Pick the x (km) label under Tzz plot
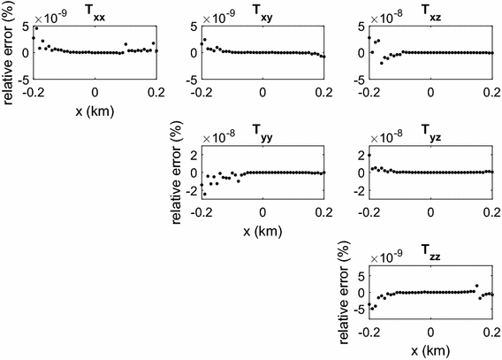(430, 349)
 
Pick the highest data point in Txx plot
(36, 28)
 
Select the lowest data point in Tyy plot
(205, 194)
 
